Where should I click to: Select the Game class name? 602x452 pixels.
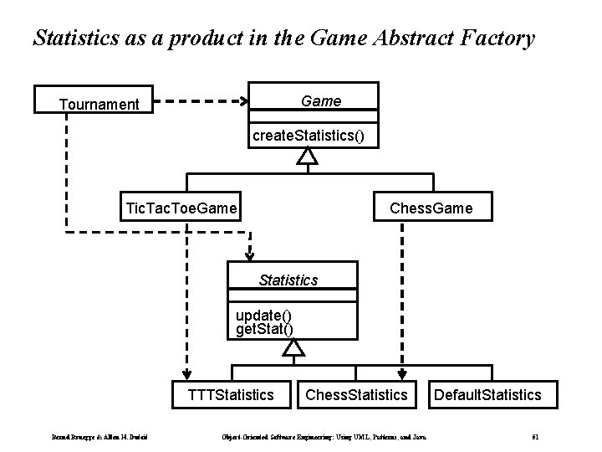(320, 101)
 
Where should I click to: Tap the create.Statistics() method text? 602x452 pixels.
(309, 135)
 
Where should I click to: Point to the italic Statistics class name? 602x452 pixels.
(288, 280)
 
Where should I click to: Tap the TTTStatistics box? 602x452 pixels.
(232, 393)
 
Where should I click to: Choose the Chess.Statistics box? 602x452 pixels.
(357, 393)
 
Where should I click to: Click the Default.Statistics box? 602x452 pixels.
(487, 393)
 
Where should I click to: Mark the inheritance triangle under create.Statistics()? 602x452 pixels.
(309, 156)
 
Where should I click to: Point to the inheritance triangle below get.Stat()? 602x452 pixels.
(290, 346)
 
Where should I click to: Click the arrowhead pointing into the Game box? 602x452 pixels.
(245, 102)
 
